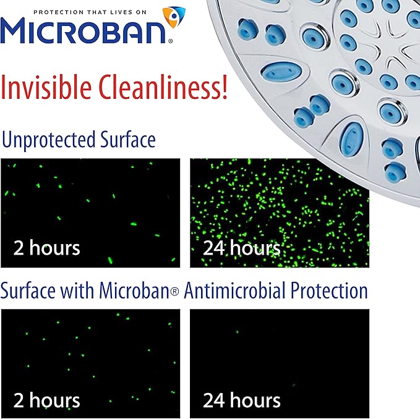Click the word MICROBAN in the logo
coord(87,30)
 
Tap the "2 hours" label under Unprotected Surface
coord(46,248)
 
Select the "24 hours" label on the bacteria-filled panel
coord(241,248)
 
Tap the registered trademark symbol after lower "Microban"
coord(174,292)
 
